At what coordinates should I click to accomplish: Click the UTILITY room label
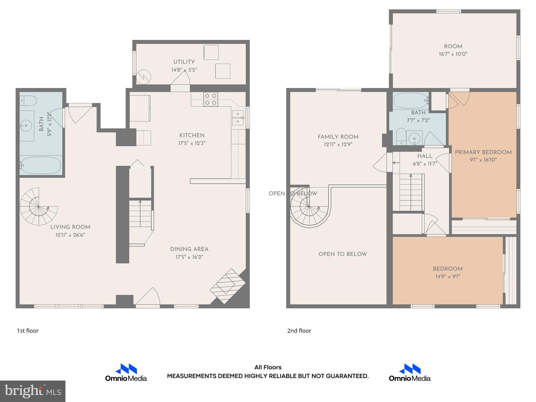coord(184,62)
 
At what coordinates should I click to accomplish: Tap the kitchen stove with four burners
coord(211,99)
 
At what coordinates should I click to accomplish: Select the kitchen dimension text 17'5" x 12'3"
coord(192,143)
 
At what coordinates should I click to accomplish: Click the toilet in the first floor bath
coord(29,100)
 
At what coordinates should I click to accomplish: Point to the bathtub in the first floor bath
coord(41,165)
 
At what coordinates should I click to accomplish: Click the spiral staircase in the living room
coord(39,207)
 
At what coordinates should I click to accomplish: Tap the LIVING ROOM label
coord(70,227)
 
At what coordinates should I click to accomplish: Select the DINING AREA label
coord(189,249)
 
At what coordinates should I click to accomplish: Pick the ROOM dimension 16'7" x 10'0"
coord(453,54)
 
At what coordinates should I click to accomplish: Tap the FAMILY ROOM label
coord(338,137)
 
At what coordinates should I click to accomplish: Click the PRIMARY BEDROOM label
coord(483,152)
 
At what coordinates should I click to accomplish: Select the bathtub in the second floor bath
coord(411,101)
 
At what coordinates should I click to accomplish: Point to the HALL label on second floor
coord(425,156)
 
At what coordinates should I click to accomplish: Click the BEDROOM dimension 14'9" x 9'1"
coord(448,276)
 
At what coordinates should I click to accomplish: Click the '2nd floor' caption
coord(299,331)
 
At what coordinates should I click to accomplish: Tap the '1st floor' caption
coord(28,331)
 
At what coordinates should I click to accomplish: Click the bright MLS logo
coord(33,391)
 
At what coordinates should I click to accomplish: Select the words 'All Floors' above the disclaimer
coord(268,367)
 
